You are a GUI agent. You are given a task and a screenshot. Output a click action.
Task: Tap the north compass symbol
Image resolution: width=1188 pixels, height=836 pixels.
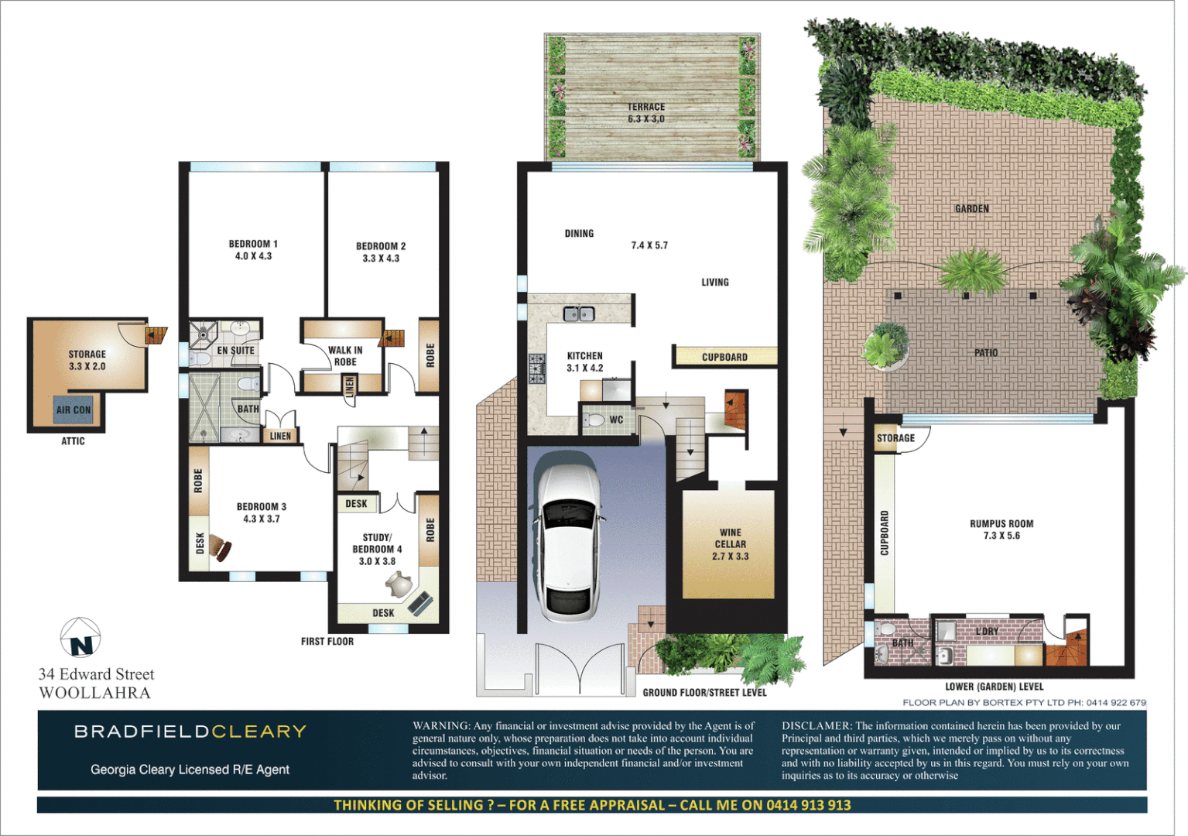(80, 637)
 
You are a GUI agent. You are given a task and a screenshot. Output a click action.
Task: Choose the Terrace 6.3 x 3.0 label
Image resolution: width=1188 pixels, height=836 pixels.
(646, 113)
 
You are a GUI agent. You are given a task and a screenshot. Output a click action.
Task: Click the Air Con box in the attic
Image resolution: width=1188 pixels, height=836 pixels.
(74, 410)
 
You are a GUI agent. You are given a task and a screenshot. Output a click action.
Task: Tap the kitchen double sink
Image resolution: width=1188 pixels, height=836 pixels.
(579, 313)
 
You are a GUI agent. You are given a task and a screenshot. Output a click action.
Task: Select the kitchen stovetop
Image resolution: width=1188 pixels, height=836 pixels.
(536, 368)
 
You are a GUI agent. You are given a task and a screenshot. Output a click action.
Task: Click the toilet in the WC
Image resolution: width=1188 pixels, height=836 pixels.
(594, 420)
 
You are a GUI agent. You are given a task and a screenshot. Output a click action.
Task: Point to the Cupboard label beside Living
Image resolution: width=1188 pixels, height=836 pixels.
(724, 357)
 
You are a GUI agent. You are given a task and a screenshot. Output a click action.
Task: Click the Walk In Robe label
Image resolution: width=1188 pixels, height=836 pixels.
(345, 356)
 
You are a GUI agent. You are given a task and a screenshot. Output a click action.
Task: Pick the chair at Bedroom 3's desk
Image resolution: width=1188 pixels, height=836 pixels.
(222, 548)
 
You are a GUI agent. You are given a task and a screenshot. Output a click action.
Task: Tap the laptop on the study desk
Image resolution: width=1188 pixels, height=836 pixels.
(420, 603)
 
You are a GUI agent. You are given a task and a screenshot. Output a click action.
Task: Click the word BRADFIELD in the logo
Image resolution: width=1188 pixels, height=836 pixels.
(142, 731)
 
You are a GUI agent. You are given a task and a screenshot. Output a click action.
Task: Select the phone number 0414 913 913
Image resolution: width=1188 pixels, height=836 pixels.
(809, 805)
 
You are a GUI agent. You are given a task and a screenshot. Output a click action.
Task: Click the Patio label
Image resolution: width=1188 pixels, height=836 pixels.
(986, 353)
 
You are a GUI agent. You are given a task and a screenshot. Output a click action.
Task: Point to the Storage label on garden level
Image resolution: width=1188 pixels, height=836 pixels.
(895, 438)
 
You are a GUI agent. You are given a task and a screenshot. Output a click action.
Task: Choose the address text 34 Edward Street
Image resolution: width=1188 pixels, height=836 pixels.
(97, 674)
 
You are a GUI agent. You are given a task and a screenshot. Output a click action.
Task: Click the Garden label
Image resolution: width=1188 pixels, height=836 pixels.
(972, 209)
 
